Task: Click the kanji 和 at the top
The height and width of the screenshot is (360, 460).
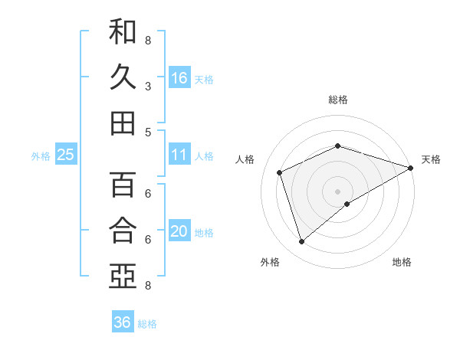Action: [123, 32]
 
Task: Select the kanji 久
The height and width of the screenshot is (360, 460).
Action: [123, 77]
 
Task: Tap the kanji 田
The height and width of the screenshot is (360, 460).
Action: [123, 123]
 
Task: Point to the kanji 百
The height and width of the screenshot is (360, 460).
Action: [123, 185]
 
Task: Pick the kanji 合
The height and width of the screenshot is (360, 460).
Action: [123, 230]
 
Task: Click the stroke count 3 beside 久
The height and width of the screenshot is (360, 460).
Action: [148, 87]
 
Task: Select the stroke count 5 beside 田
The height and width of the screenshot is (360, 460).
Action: [148, 132]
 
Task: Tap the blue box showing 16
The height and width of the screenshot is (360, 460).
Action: [179, 78]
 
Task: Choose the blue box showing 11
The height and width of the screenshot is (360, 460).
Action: [179, 155]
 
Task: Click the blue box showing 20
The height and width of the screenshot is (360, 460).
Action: [179, 231]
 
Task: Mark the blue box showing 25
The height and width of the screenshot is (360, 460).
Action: [66, 155]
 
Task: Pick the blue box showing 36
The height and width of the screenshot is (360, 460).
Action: [123, 322]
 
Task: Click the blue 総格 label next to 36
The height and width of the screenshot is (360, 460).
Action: [147, 324]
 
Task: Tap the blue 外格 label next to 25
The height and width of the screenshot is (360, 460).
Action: [41, 156]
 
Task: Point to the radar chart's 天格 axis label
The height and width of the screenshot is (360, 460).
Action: [431, 159]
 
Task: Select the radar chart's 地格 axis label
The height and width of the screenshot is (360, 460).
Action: [402, 262]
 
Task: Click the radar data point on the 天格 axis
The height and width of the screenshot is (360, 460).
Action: [411, 167]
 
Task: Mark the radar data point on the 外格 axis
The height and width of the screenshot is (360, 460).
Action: [301, 242]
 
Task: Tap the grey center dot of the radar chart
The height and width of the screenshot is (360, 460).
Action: [337, 191]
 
